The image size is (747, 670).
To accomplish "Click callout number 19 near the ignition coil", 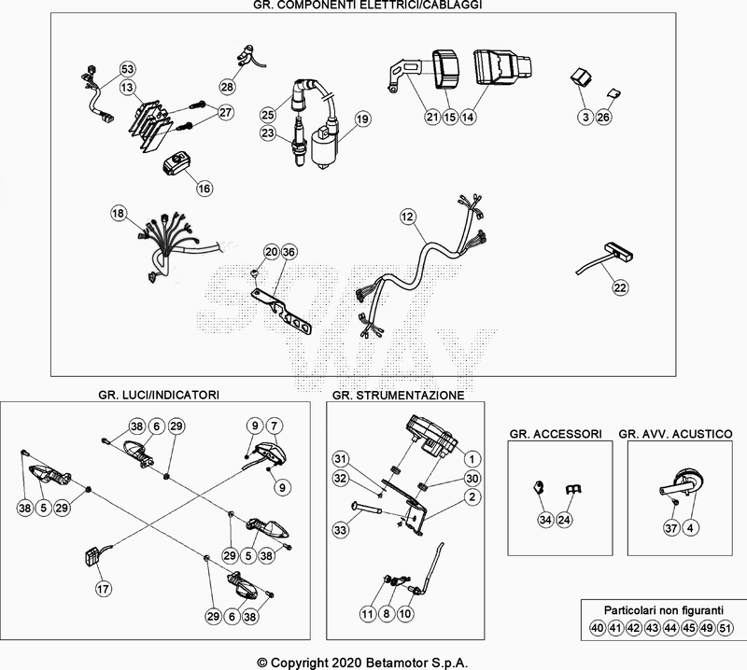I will pos(362,119).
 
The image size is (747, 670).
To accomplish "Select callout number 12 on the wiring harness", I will pos(406,216).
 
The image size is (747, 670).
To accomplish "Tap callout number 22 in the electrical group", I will pos(620,288).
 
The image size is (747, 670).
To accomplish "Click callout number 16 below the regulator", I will pos(204,188).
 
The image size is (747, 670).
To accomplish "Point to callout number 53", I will pos(128,69).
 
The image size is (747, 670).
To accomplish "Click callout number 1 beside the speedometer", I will pos(472,458).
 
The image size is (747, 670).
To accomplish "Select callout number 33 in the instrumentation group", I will pos(340,530).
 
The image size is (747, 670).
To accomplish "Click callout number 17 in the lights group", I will pos(103,589).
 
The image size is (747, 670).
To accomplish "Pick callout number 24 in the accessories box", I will pos(563,520).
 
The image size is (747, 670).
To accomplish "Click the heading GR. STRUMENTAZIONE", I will pos(397,396).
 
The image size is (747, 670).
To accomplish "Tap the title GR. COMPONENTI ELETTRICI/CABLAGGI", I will pos(373,6).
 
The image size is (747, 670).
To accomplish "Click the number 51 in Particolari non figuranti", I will pos(725,629).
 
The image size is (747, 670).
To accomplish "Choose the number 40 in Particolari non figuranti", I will pos(598,629).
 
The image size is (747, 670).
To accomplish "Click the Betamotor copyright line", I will pos(373,661).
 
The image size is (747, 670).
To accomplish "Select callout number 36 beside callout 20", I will pos(289,252).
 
